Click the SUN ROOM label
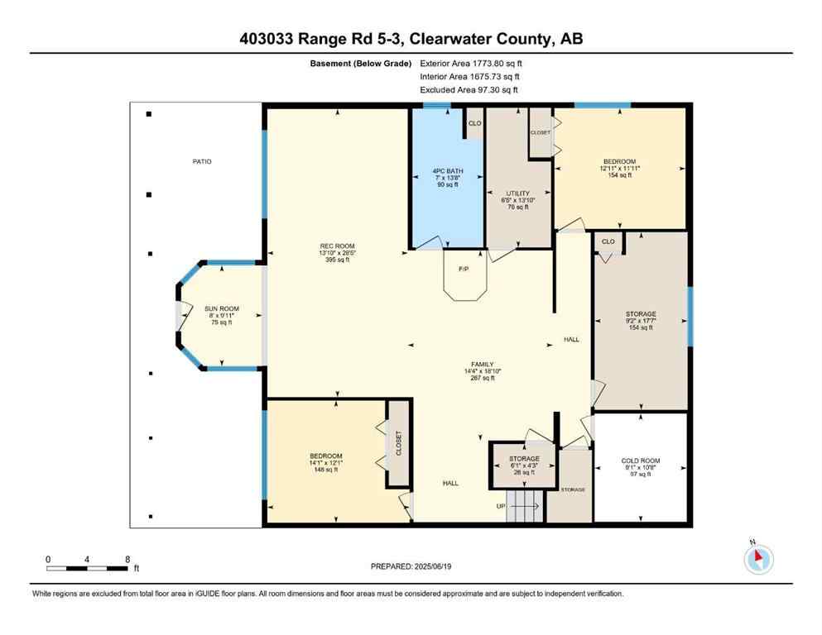pyautogui.click(x=222, y=315)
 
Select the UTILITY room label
pyautogui.click(x=518, y=200)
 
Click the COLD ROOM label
pyautogui.click(x=639, y=467)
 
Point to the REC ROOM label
pyautogui.click(x=337, y=252)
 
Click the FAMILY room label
pyautogui.click(x=483, y=370)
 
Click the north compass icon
pyautogui.click(x=757, y=560)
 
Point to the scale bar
pyautogui.click(x=87, y=567)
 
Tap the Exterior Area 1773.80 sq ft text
pyautogui.click(x=471, y=63)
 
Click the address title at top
pyautogui.click(x=411, y=38)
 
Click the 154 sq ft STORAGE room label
pyautogui.click(x=640, y=321)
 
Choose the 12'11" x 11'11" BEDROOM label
pyautogui.click(x=619, y=168)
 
